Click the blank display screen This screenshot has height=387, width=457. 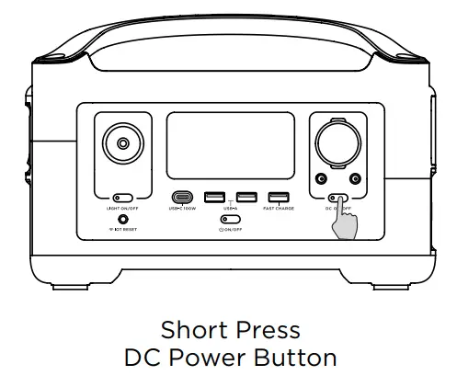pyautogui.click(x=229, y=147)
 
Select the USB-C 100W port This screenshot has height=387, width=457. pyautogui.click(x=182, y=197)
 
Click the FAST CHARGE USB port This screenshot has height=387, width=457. pyautogui.click(x=277, y=197)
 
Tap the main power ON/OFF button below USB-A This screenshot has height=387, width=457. pyautogui.click(x=230, y=220)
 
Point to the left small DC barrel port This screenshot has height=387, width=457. pyautogui.click(x=319, y=178)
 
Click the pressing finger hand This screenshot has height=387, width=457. pyautogui.click(x=347, y=223)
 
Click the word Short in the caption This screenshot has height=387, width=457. pyautogui.click(x=188, y=330)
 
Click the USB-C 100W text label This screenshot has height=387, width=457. pyautogui.click(x=182, y=209)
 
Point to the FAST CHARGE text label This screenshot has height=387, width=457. pyautogui.click(x=278, y=209)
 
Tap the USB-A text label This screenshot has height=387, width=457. pyautogui.click(x=230, y=209)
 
